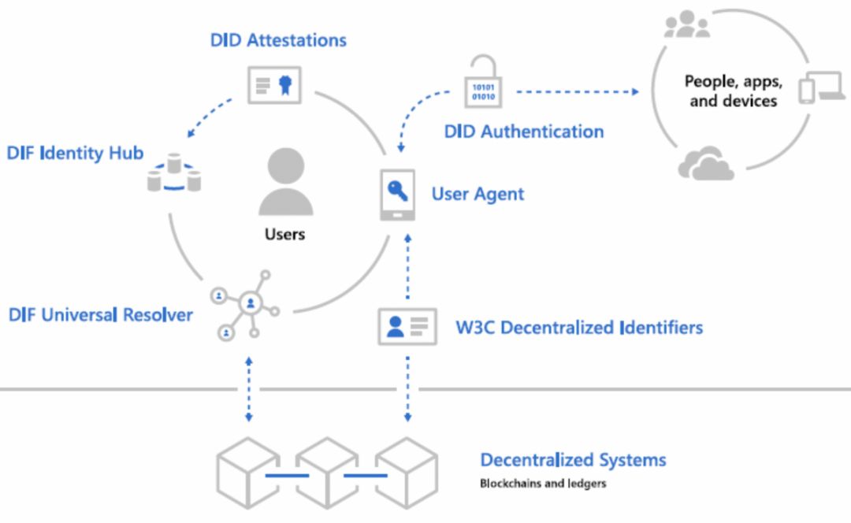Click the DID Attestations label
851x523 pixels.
coord(278,39)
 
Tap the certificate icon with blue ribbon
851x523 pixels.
coord(274,84)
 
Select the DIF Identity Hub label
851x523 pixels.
coord(75,153)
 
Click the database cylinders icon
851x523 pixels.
coord(174,174)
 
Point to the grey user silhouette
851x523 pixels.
coord(285,181)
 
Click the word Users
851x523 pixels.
coord(285,234)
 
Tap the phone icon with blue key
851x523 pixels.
coord(397,194)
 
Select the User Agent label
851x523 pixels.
coord(478,194)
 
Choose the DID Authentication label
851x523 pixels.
coord(524,132)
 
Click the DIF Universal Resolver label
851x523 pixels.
coord(100,315)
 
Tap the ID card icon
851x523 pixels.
coord(407,326)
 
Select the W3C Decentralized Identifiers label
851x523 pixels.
coord(579,327)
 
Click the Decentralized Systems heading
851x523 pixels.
coord(573,460)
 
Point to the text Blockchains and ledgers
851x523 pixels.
coord(543,483)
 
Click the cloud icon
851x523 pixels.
coord(706,163)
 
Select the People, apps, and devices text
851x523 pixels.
coord(733,91)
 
